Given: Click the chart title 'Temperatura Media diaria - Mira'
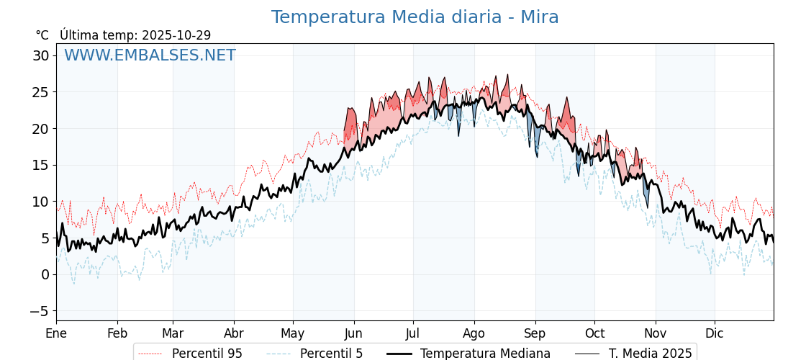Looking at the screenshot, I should tap(415, 17).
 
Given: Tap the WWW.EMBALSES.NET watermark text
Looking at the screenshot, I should tap(150, 55).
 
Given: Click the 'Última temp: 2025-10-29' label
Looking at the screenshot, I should tap(135, 35).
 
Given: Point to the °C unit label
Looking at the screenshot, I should tap(42, 35).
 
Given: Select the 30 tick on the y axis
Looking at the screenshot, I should tap(41, 55).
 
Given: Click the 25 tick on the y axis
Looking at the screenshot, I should tap(41, 92).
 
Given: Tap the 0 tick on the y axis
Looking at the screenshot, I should tap(45, 274).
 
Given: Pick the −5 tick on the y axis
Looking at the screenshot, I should tap(41, 311).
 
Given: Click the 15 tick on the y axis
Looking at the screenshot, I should tap(41, 165).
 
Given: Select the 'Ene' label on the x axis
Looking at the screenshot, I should tap(56, 334).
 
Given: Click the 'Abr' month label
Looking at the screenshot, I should tap(234, 334).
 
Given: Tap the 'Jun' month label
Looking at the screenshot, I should tap(353, 334).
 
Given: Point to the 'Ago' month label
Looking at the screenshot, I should tap(474, 334).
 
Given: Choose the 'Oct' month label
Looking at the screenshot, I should tap(594, 334).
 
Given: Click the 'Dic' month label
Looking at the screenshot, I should tap(715, 334).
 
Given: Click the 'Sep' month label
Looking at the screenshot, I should tap(535, 334).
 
